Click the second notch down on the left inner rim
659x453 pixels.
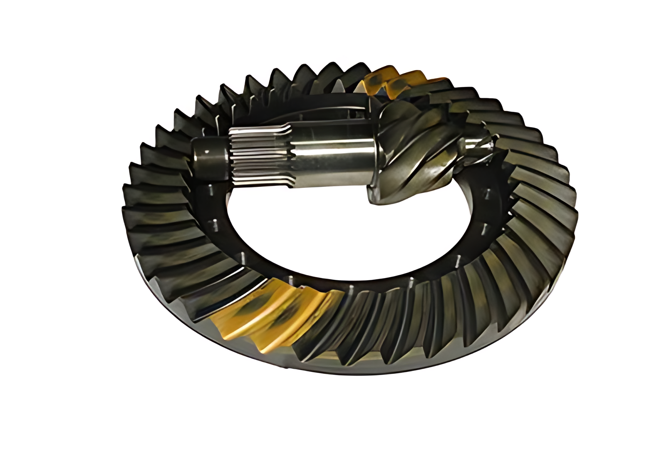[x=216, y=225]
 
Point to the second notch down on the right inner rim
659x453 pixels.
[x=485, y=229]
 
